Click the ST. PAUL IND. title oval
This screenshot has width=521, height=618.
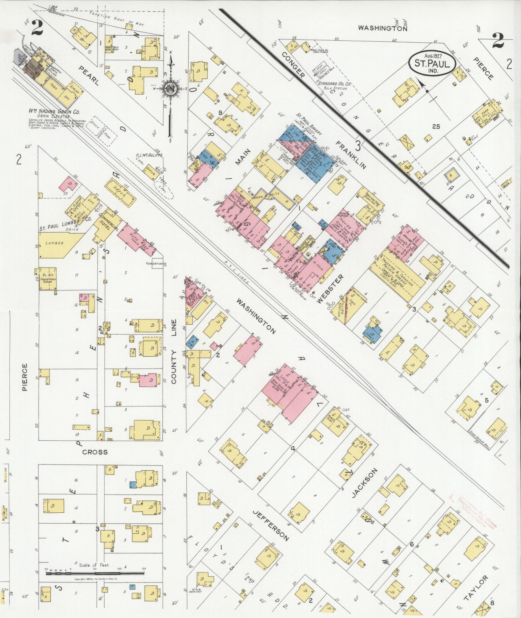point(432,61)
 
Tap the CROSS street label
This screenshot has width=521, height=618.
point(95,452)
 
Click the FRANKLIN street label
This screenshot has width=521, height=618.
point(351,155)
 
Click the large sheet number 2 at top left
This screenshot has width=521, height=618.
point(37,28)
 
